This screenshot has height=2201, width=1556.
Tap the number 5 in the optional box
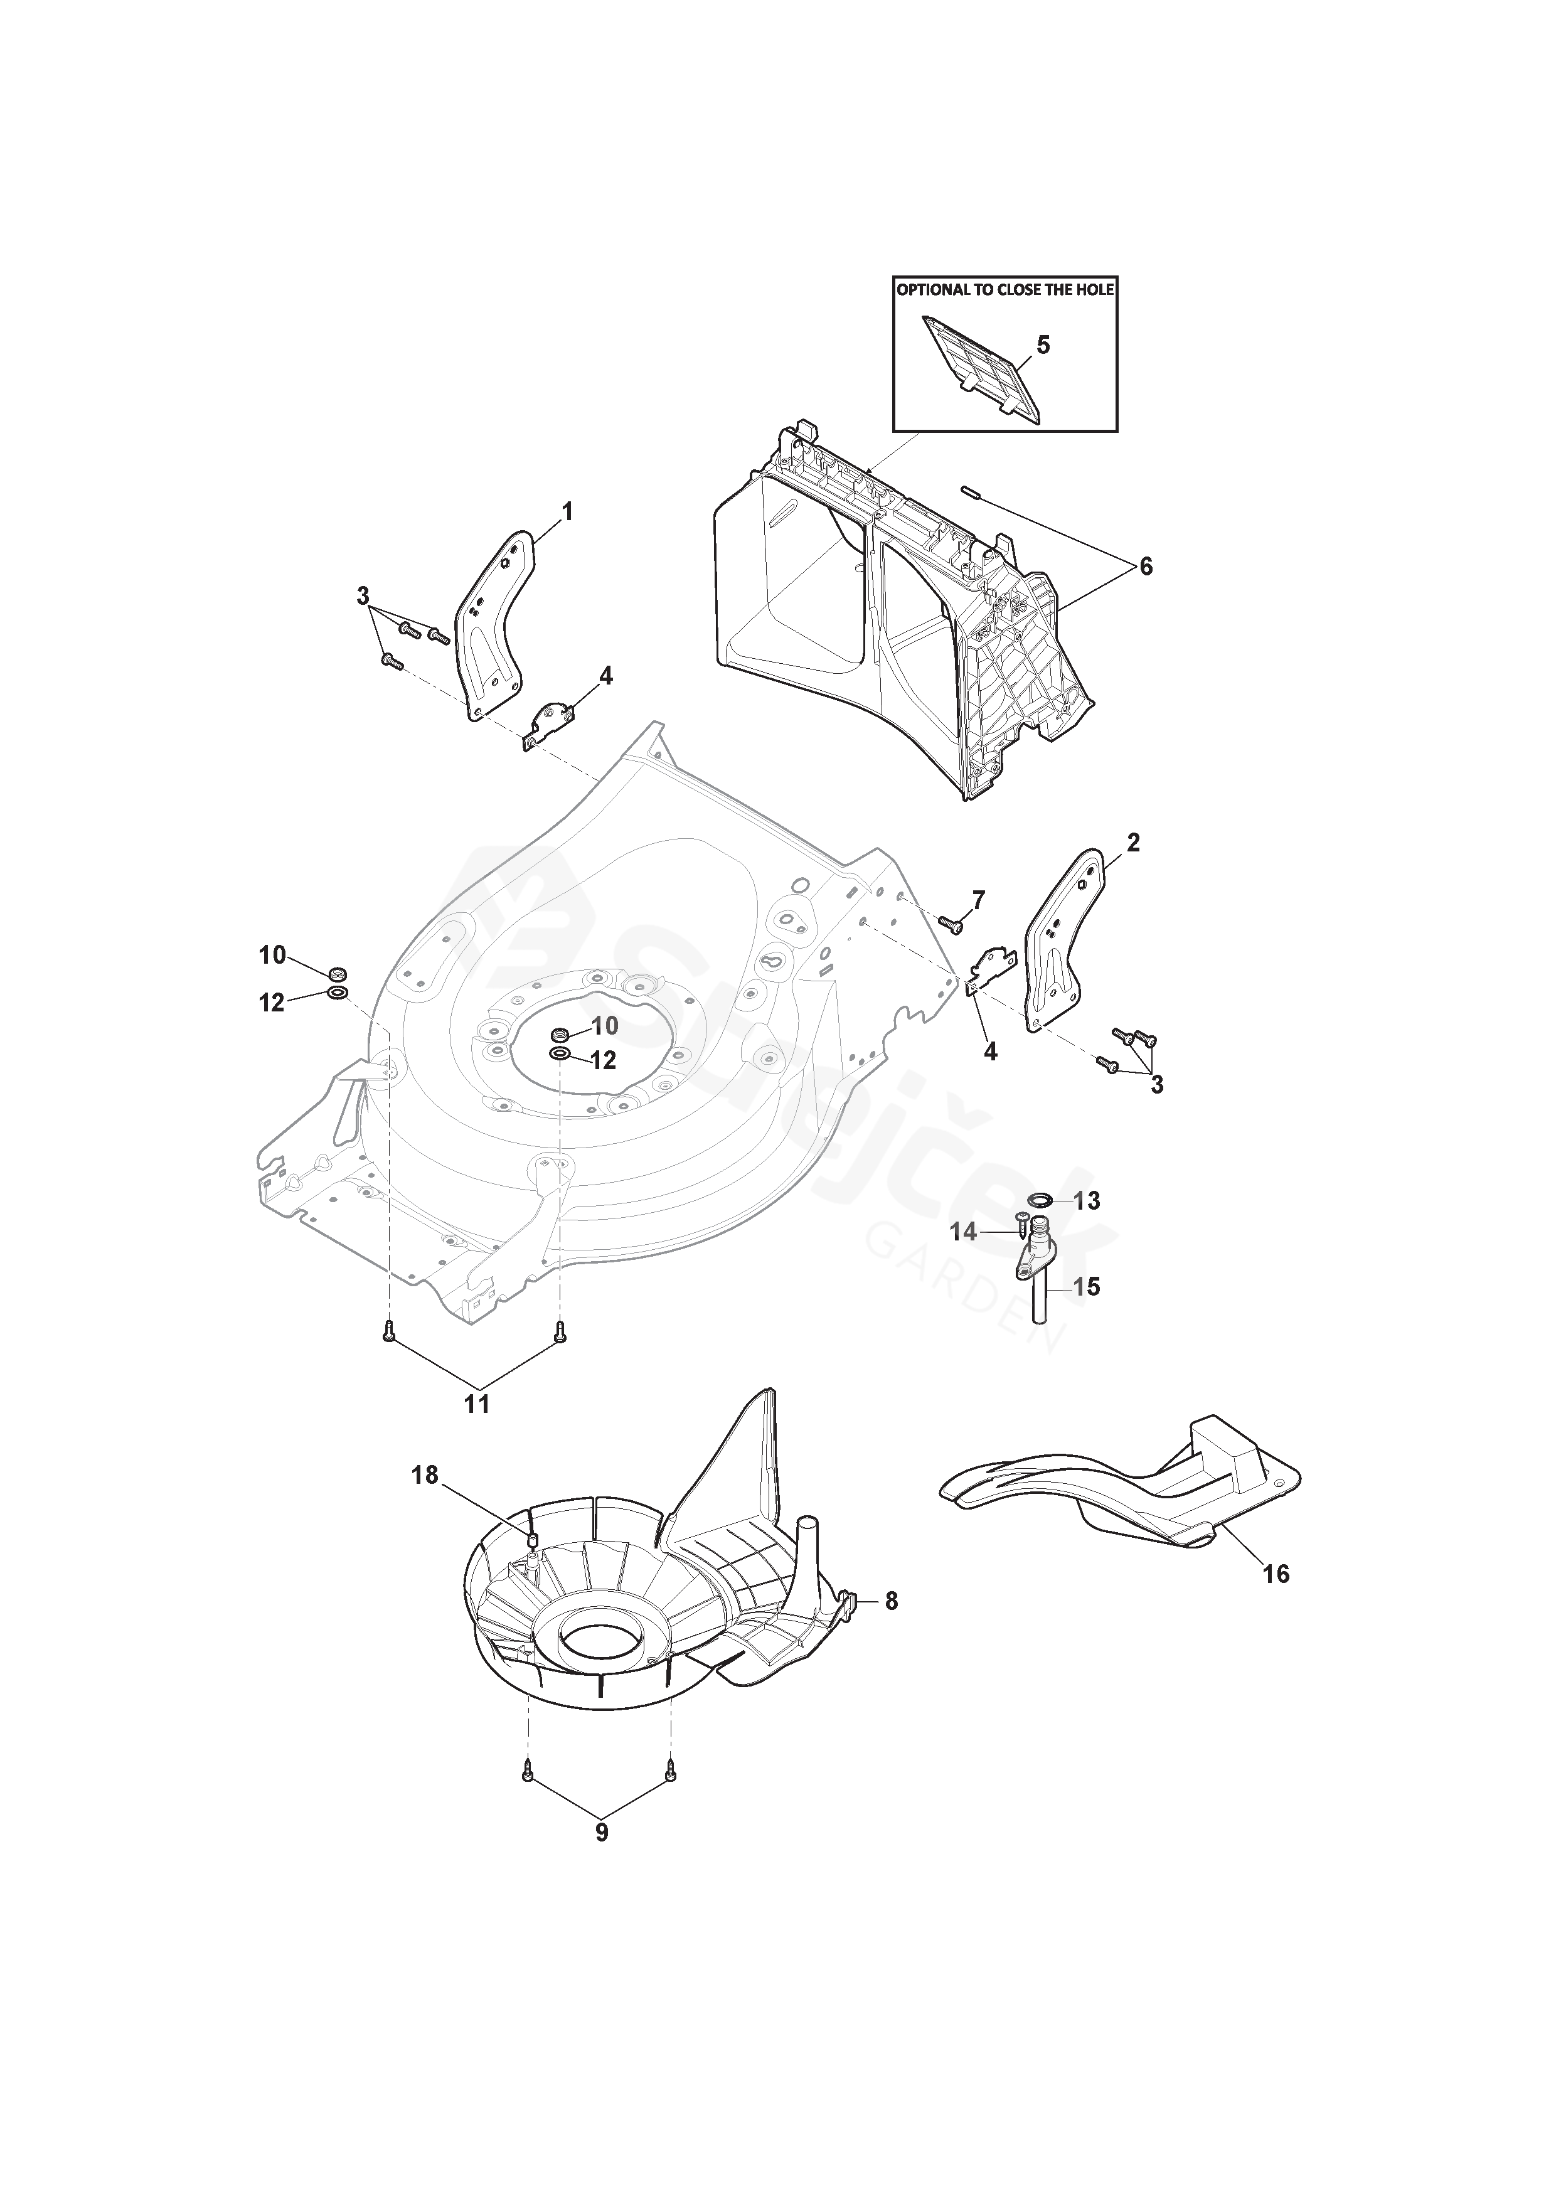pyautogui.click(x=1043, y=345)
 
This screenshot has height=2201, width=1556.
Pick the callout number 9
pyautogui.click(x=601, y=1832)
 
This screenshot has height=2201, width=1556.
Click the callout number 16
pyautogui.click(x=1276, y=1574)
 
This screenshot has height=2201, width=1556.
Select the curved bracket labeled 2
pyautogui.click(x=1064, y=939)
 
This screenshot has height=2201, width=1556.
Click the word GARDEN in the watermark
pyautogui.click(x=967, y=1284)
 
